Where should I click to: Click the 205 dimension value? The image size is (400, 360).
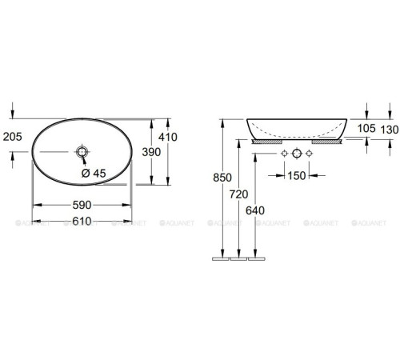click(x=12, y=136)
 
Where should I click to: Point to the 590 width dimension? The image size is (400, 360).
click(x=82, y=205)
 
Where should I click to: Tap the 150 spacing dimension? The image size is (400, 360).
click(x=297, y=175)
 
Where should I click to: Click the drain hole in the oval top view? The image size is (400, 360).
click(x=82, y=151)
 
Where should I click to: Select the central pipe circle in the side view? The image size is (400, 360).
click(x=297, y=154)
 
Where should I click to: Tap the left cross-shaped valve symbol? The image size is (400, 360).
click(x=282, y=154)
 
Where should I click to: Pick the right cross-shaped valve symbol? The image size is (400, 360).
click(x=311, y=154)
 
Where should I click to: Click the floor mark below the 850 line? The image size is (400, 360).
click(x=220, y=259)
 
